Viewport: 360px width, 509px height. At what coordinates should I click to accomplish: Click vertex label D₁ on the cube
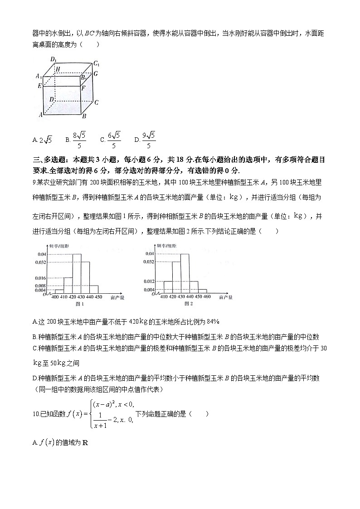coord(53,60)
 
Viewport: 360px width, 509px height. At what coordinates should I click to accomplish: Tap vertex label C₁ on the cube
coord(97,63)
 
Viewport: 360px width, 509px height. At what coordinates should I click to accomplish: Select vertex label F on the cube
coord(83,88)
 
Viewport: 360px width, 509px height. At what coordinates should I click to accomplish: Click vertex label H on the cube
coord(58,69)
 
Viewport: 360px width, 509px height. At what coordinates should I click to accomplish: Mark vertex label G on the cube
coord(96,73)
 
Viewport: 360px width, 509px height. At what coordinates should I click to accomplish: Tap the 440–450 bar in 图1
coord(94,289)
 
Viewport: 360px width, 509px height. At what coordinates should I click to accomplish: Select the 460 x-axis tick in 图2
coord(207,297)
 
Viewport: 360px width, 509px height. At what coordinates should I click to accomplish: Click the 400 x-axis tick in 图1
coord(55,297)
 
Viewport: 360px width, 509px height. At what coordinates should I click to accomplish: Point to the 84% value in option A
coord(213,321)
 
